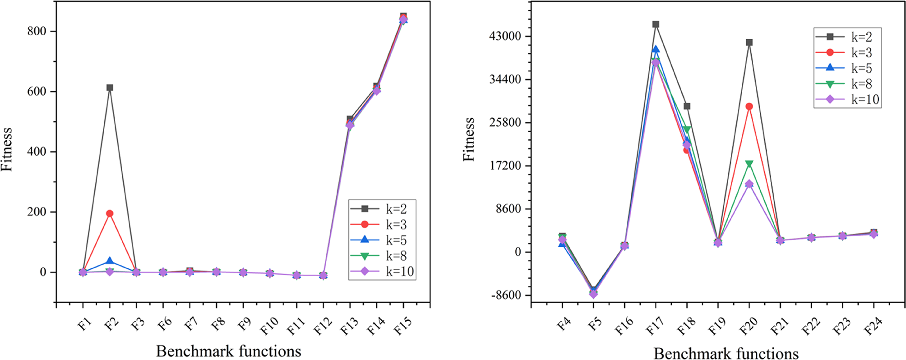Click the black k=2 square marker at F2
[x=110, y=88]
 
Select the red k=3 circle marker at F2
[x=110, y=213]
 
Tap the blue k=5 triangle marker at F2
[x=110, y=261]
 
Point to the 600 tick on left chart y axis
[x=37, y=92]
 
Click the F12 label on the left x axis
[x=323, y=326]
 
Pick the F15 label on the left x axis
[x=403, y=326]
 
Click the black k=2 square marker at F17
[x=656, y=24]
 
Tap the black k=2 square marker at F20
[x=749, y=42]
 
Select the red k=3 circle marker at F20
[x=749, y=106]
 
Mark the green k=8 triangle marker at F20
[x=749, y=164]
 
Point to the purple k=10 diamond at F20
[x=749, y=184]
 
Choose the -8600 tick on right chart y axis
[x=507, y=295]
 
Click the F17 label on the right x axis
[x=655, y=326]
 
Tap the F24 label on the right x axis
[x=873, y=326]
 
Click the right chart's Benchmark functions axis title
[x=726, y=353]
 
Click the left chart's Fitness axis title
[x=6, y=149]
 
